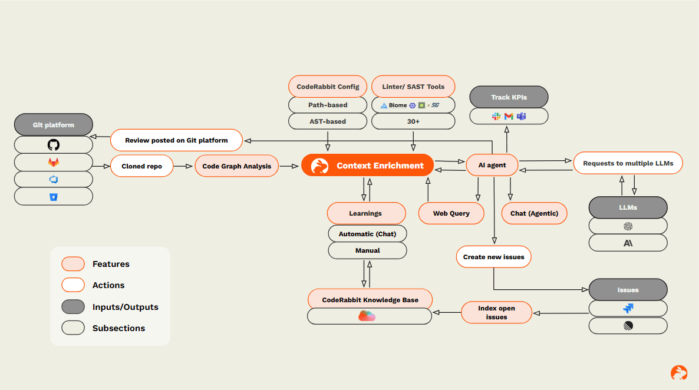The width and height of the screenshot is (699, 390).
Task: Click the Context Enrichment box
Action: pos(368,166)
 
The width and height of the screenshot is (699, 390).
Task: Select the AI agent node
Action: pos(492,165)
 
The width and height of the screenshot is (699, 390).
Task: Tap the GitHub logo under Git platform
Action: pos(54,145)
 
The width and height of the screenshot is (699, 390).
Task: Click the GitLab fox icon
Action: pos(54,162)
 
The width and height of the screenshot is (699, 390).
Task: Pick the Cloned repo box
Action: pos(142,166)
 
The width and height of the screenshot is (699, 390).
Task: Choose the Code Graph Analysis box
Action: pos(236,166)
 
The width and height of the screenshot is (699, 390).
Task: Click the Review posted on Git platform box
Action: pos(176,140)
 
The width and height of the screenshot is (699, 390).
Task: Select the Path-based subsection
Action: pos(328,105)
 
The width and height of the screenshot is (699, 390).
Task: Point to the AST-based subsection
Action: pos(328,121)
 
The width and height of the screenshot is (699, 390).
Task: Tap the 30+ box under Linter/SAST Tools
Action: pos(413,121)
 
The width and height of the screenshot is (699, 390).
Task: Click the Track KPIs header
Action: pos(509,97)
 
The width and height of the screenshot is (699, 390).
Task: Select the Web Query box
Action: pos(451,213)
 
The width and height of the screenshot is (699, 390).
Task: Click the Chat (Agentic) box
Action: pos(534,213)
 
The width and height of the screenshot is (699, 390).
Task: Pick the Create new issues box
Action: pos(493,257)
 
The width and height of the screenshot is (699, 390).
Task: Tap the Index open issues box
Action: pos(496,312)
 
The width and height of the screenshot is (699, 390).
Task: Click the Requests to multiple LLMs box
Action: pos(628,163)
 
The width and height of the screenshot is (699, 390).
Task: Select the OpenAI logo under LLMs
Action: pos(628,226)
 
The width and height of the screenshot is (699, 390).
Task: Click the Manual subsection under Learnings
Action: pos(367,250)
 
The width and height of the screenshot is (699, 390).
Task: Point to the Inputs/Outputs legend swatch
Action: pos(73,307)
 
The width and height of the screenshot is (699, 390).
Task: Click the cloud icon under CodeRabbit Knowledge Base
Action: pos(367,316)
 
